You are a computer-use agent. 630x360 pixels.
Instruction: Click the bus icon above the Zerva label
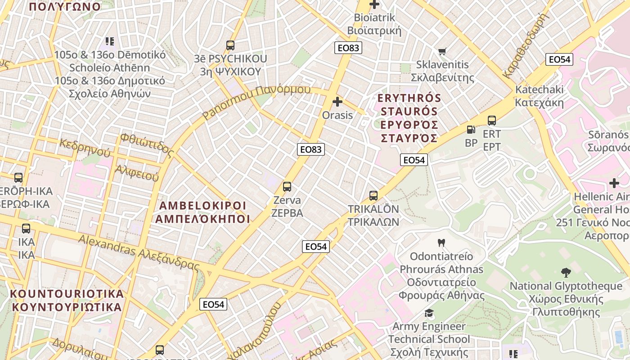tap(287, 187)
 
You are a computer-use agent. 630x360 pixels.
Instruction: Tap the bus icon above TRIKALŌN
tap(373, 196)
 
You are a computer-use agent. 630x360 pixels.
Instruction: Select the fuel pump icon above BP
tap(471, 130)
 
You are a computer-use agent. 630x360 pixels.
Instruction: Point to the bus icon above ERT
tap(492, 121)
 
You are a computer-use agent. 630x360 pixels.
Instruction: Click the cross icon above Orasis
tap(337, 102)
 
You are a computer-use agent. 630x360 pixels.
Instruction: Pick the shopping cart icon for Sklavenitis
tap(442, 52)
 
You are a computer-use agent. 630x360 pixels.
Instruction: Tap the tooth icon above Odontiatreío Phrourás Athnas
tap(441, 243)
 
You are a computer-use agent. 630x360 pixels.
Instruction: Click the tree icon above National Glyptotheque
tap(566, 272)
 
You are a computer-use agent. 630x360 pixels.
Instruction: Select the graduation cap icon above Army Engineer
tap(429, 313)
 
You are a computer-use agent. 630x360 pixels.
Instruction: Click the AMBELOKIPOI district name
tap(202, 212)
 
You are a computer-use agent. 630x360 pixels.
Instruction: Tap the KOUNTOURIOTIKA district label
tap(67, 300)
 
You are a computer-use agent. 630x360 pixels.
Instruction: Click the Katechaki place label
tap(539, 95)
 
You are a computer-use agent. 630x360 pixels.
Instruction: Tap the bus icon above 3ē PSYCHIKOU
tap(230, 45)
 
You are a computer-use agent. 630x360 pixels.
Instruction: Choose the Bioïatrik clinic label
tap(374, 24)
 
